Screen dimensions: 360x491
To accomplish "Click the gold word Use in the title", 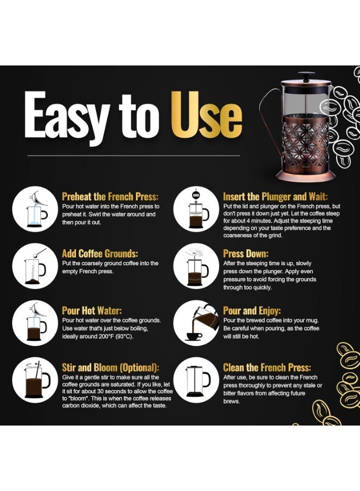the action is tap(207, 115).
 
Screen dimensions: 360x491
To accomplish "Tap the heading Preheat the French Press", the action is tap(110, 196).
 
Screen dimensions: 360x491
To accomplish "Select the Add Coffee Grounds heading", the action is tap(100, 253).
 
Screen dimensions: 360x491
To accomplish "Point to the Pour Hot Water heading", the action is tap(92, 310).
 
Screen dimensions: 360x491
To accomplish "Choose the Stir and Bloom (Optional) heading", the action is tap(111, 368).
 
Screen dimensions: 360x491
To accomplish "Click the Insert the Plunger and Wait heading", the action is tap(275, 196).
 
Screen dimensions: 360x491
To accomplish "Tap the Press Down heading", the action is tap(246, 253).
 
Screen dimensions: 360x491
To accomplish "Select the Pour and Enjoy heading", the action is tap(251, 310).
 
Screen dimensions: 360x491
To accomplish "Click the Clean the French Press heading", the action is tap(267, 367).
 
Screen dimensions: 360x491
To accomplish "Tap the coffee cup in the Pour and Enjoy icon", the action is tap(194, 337).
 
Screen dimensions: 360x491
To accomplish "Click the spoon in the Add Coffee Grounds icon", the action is tap(39, 253).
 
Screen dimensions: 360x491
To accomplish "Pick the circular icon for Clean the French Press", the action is tap(196, 380).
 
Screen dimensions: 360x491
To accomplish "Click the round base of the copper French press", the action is tap(305, 176).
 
